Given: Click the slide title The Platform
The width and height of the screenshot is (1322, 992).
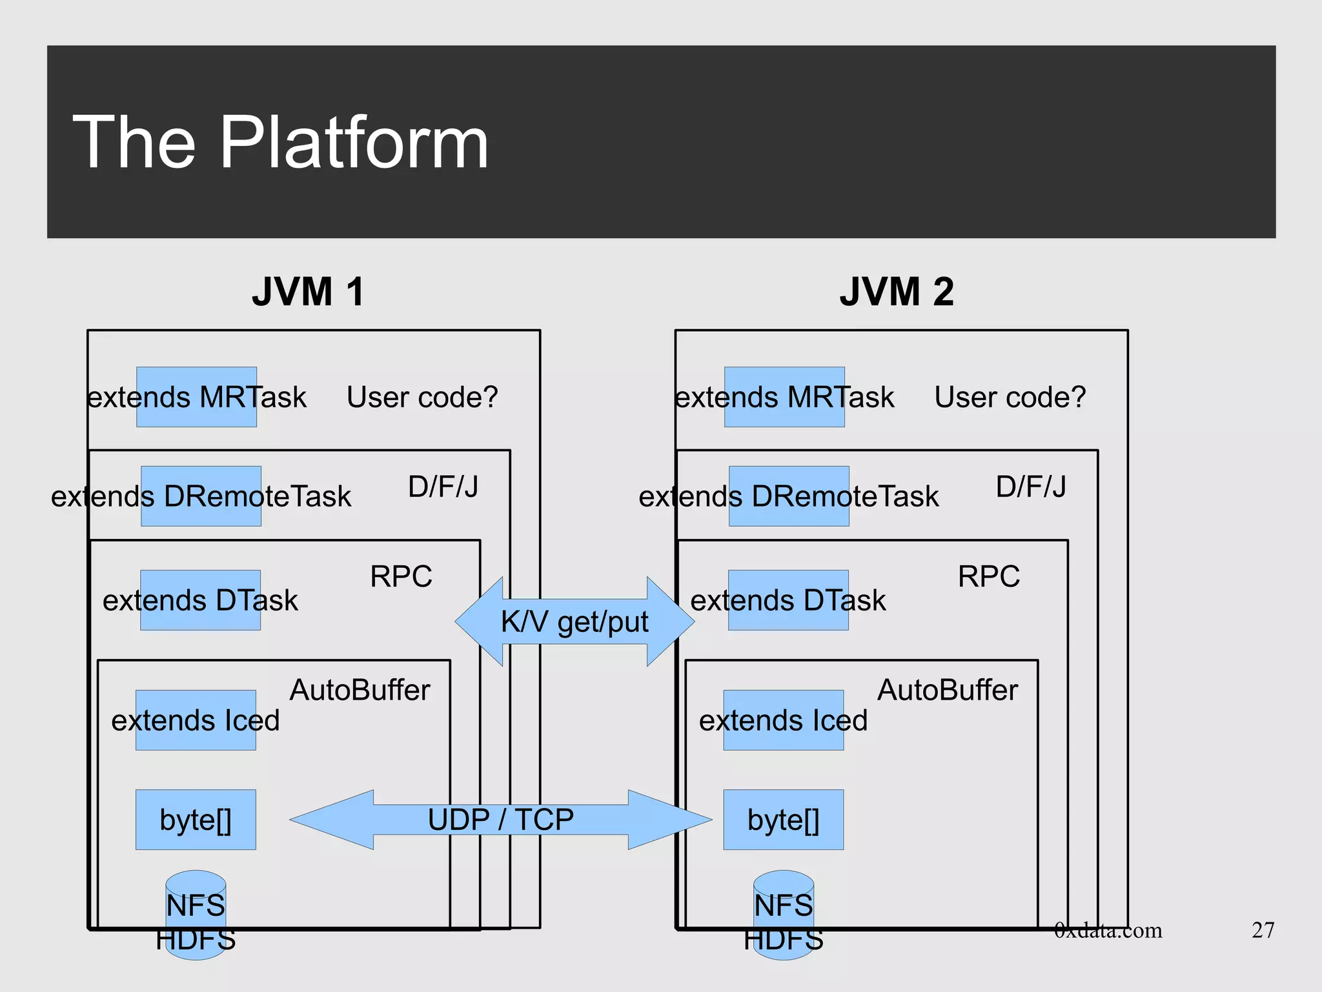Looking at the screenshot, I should [280, 142].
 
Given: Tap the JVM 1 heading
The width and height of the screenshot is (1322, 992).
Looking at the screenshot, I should [308, 292].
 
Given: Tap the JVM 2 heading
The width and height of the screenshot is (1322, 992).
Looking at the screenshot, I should [896, 292].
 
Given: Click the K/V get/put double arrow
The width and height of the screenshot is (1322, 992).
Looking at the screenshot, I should [575, 622].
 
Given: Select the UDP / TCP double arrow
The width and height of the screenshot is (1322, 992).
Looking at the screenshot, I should [501, 820].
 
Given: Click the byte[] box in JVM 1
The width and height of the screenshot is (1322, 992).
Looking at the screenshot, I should [196, 820].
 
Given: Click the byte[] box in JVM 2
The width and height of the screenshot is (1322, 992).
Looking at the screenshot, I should [783, 820].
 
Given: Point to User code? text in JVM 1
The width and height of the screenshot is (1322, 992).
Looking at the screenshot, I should [422, 397].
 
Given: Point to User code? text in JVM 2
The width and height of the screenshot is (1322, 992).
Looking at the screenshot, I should [1010, 397].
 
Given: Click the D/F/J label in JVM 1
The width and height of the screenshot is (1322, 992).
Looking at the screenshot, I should [443, 487].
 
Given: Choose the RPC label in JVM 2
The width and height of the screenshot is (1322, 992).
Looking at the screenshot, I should [988, 576].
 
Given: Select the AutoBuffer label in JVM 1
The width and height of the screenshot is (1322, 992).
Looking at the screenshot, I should [360, 690].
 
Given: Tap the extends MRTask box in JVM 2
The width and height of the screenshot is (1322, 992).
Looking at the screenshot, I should [784, 397].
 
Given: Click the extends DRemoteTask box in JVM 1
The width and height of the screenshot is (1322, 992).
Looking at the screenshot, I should [201, 496].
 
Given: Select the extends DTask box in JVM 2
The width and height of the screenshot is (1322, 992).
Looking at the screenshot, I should [788, 600].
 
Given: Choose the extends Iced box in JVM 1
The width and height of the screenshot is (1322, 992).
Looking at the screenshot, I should [196, 720].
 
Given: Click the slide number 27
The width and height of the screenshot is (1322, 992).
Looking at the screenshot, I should [1263, 930].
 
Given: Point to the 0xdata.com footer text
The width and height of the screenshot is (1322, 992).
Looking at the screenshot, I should [1108, 930].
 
